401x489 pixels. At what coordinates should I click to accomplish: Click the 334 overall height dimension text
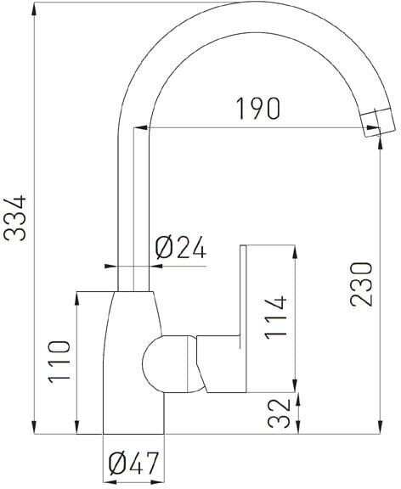pos(14,218)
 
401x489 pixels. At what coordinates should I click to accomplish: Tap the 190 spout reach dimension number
pos(257,109)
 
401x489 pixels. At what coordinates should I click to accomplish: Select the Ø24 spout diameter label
pos(180,247)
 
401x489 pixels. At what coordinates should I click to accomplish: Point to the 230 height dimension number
pos(361,284)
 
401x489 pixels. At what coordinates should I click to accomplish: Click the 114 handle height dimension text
pos(275,318)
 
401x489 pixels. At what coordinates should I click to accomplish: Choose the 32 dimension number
pos(279,413)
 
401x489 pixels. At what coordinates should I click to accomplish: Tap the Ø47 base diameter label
pos(134,463)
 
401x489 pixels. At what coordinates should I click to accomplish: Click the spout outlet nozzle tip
pos(378,122)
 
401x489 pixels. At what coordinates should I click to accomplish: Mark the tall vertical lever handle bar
pos(243,318)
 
